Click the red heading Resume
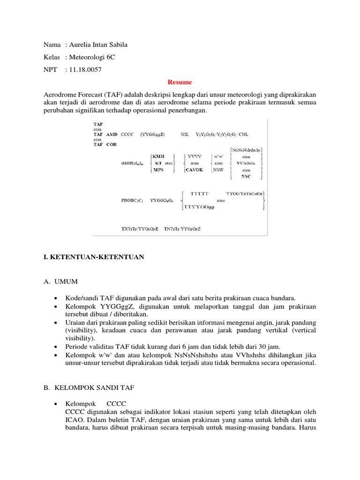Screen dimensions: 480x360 click(x=180, y=82)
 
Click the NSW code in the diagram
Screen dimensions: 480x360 click(x=218, y=169)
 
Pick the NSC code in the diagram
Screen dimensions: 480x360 click(x=246, y=176)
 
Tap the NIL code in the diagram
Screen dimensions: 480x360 click(x=186, y=134)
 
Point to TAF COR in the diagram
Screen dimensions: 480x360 click(x=105, y=144)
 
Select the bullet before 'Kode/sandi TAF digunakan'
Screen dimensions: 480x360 click(x=56, y=298)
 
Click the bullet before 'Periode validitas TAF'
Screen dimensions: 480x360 click(x=56, y=346)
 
